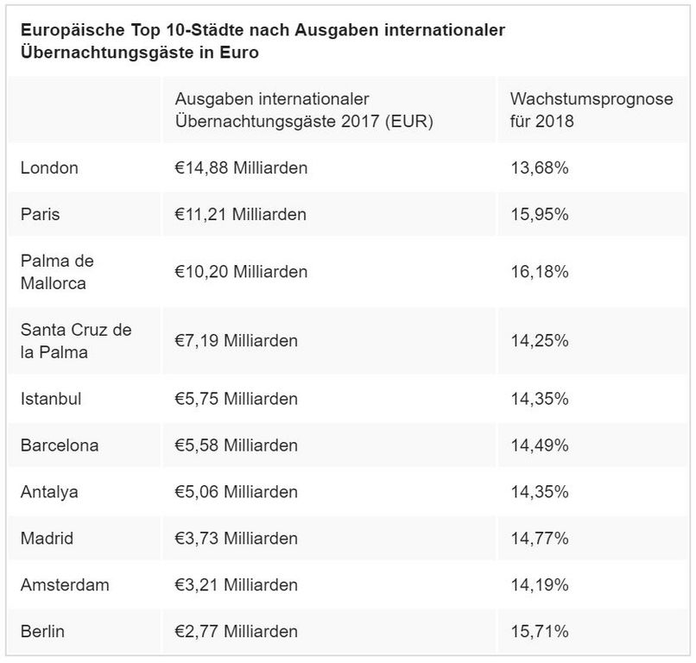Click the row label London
[49, 167]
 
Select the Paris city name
[41, 214]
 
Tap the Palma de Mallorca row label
[57, 271]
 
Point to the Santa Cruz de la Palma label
[76, 340]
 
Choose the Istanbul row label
[51, 399]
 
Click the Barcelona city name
[60, 445]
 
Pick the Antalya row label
[49, 492]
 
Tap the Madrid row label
[47, 539]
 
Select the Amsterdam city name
[65, 585]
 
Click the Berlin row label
[42, 632]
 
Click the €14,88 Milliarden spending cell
[241, 167]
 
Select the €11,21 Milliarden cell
[240, 214]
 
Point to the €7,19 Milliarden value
[236, 340]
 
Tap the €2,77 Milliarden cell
[236, 632]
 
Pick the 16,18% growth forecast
[540, 271]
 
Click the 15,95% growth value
[540, 214]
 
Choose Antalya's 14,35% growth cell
[540, 492]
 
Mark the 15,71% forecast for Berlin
[540, 632]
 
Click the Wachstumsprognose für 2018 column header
[592, 110]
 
